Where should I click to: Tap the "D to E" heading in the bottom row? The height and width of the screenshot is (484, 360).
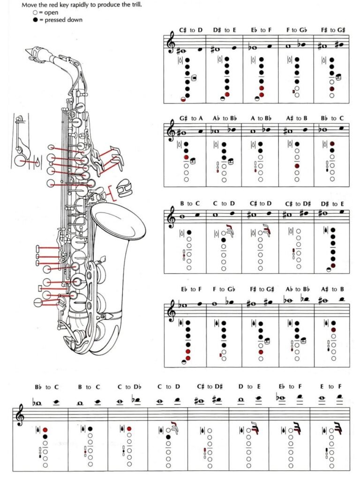point(249,387)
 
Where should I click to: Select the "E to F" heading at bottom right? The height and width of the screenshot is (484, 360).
point(330,387)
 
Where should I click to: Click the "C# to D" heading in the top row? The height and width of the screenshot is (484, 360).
point(191,30)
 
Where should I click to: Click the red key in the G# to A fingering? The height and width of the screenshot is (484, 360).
point(186,158)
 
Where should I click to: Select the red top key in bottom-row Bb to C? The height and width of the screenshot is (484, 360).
point(45,429)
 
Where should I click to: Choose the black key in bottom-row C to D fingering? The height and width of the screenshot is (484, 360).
point(168,437)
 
